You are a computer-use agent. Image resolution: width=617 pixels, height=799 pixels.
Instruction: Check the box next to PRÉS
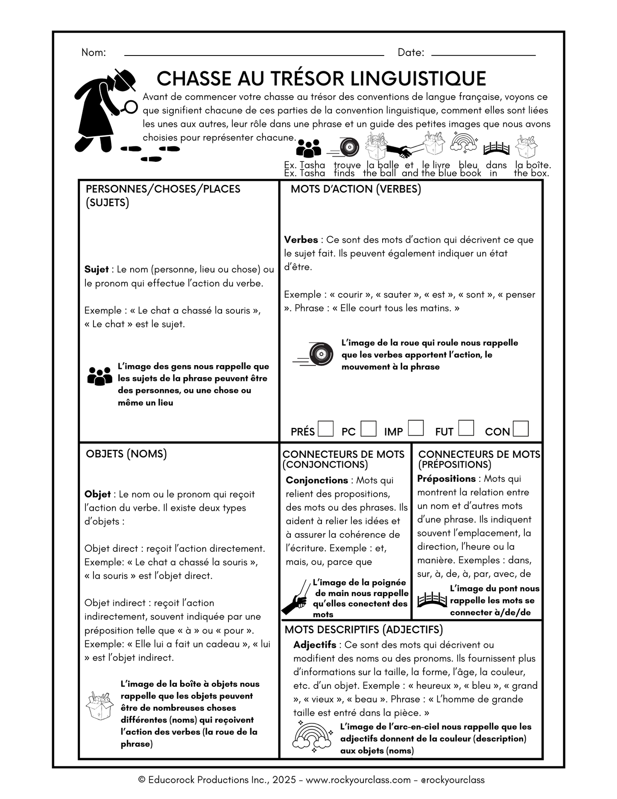[x=326, y=428]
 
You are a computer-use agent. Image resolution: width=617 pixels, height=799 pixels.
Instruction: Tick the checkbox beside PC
[x=368, y=428]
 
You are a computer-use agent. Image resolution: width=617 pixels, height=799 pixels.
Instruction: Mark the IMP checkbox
[x=415, y=428]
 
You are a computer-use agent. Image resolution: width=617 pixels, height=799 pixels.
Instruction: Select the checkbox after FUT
[x=466, y=428]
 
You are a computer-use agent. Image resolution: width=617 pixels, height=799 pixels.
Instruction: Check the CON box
[x=521, y=428]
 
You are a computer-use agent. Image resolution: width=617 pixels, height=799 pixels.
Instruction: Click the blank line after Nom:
[x=254, y=55]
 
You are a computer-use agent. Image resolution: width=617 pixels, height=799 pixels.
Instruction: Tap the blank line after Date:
[x=483, y=55]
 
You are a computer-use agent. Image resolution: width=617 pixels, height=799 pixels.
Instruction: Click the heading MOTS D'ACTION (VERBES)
[x=356, y=189]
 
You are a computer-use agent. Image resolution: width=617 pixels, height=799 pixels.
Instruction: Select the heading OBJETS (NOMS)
[x=126, y=454]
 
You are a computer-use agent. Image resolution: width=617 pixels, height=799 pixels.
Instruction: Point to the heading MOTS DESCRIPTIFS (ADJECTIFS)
[x=363, y=629]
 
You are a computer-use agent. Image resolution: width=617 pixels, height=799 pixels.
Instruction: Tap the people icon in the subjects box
[x=99, y=376]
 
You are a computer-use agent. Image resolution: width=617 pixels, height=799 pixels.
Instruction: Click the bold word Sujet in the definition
[x=96, y=269]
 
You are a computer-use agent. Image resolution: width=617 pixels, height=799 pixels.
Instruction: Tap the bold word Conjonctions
[x=317, y=480]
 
